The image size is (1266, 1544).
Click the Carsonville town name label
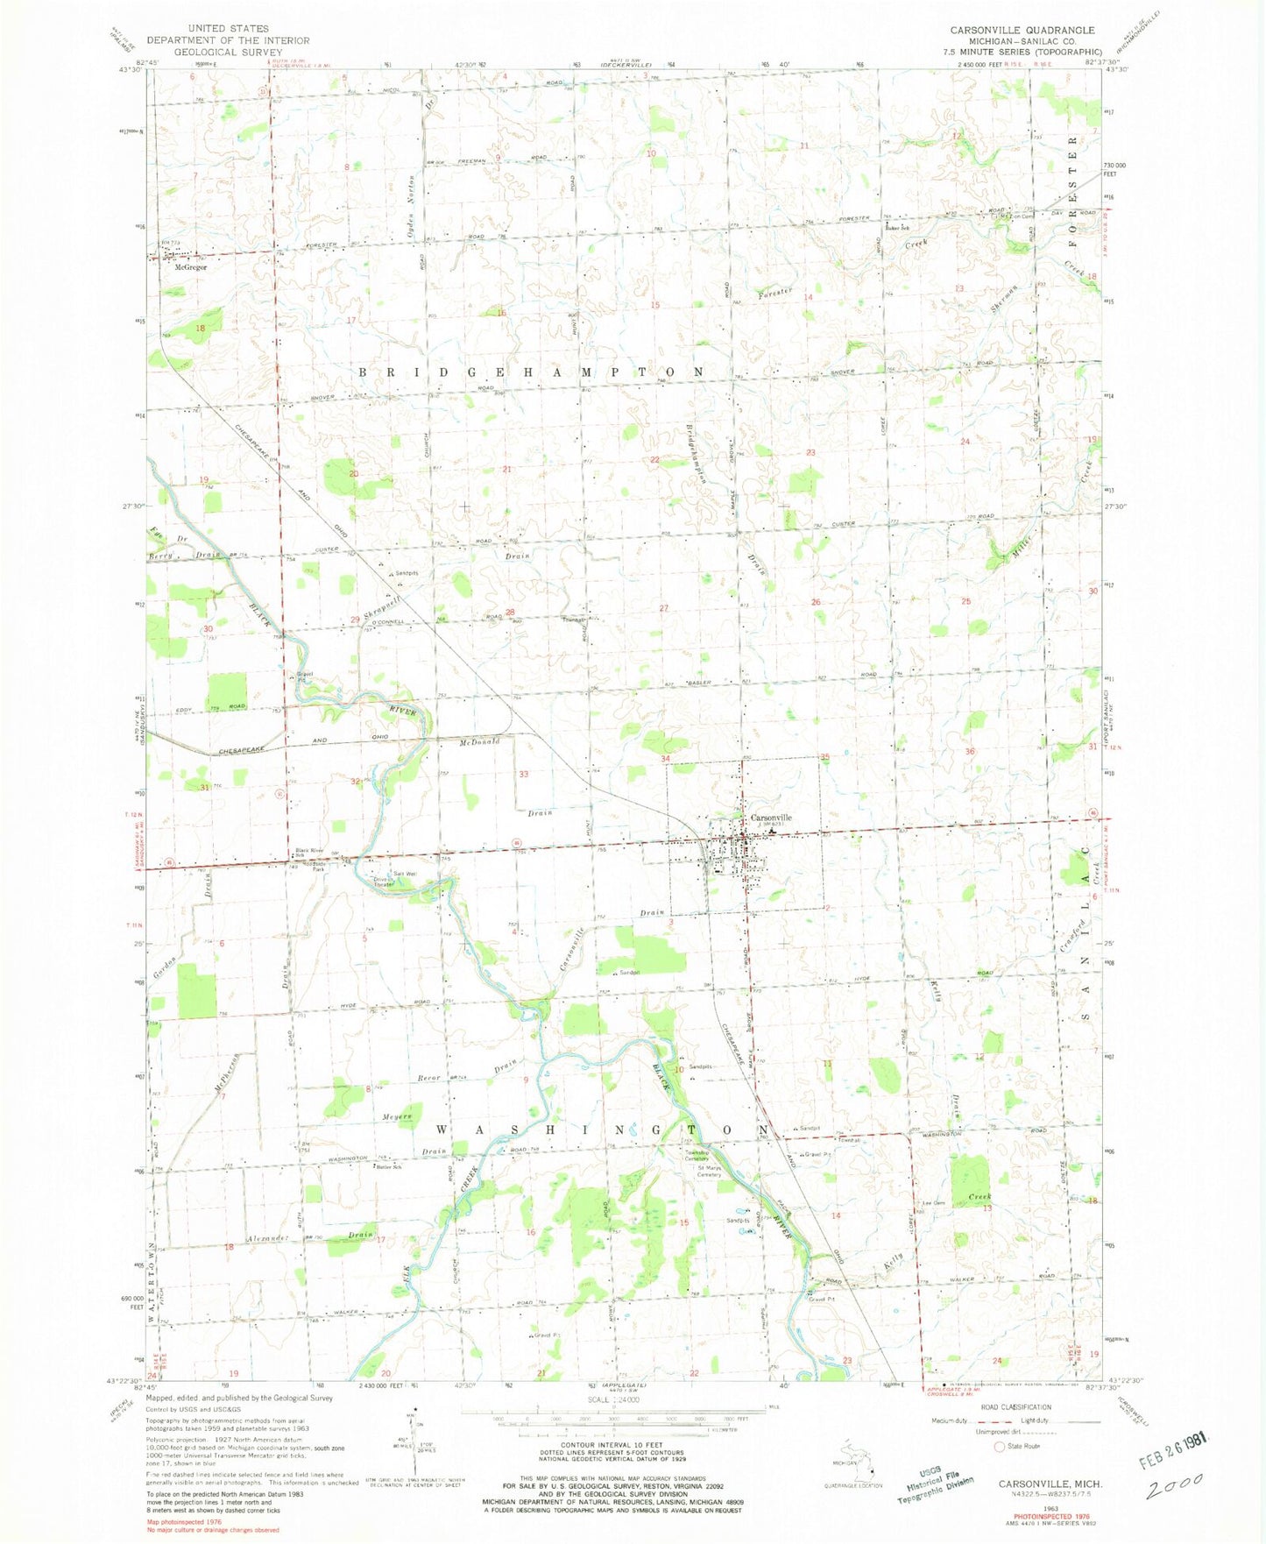[771, 817]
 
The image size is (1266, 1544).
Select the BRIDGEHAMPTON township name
[532, 372]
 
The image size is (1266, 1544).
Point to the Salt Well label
[404, 874]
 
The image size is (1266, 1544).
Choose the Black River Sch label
[309, 852]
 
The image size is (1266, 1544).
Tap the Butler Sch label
[387, 1167]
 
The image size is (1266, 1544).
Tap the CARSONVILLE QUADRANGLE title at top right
[1022, 30]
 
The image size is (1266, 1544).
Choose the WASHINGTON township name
[601, 1130]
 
